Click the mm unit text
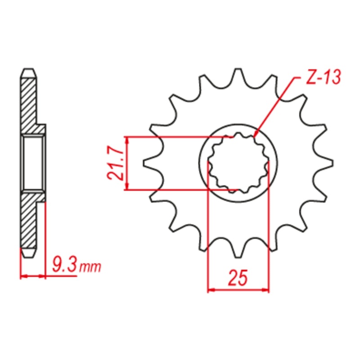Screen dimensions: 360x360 (x=90, y=267)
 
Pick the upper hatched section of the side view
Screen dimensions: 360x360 (x=29, y=101)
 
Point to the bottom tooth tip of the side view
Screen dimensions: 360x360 (x=28, y=256)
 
